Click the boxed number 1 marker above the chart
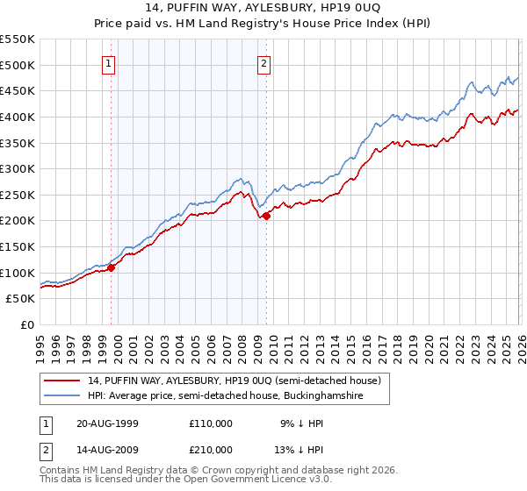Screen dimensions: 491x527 click(x=108, y=63)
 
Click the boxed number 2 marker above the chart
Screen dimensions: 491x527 click(x=263, y=63)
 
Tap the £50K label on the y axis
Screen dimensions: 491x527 click(x=21, y=299)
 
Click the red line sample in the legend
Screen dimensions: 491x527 click(x=62, y=381)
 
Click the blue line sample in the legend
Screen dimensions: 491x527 click(x=62, y=396)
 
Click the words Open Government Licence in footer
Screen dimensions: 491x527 click(x=232, y=480)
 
